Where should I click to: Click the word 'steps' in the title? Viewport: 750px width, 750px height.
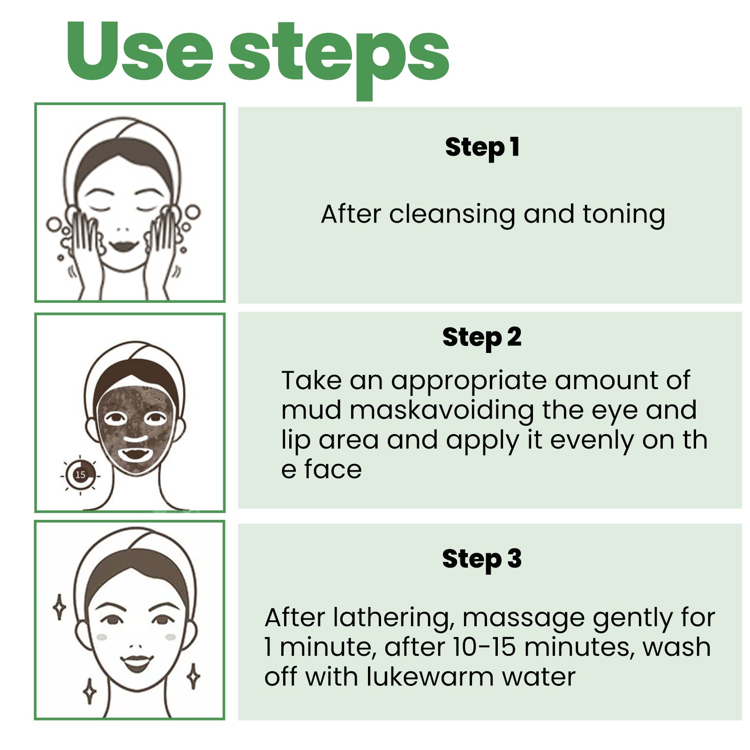[x=338, y=56]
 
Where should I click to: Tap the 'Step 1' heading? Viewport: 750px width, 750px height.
[x=482, y=147]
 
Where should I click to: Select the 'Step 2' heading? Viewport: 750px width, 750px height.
[x=481, y=337]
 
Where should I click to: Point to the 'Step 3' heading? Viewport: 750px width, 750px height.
[x=481, y=559]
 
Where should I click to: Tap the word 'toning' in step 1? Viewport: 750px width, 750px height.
[x=623, y=215]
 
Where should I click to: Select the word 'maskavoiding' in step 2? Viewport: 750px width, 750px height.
[x=442, y=411]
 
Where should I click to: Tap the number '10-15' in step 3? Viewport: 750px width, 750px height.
[x=485, y=647]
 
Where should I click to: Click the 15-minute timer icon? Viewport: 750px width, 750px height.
[x=80, y=475]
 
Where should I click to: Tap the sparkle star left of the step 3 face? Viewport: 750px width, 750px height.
[x=60, y=607]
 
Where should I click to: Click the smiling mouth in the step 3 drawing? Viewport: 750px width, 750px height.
[x=136, y=663]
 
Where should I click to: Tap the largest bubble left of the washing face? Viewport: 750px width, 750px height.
[x=53, y=225]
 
